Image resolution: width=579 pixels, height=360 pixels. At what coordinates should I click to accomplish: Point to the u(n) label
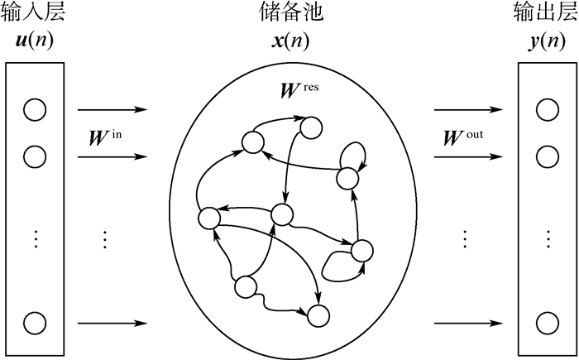click(33, 40)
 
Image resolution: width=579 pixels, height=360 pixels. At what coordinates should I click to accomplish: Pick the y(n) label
click(547, 40)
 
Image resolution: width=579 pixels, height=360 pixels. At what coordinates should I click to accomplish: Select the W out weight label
click(464, 133)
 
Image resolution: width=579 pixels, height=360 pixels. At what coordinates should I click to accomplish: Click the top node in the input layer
click(34, 109)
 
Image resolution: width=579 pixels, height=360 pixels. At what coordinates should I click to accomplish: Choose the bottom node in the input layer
click(34, 323)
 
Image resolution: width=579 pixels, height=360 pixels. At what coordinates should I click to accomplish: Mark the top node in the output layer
click(546, 109)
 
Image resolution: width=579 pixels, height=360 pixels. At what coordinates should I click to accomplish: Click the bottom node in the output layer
click(546, 323)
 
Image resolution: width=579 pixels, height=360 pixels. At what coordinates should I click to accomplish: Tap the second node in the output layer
click(546, 156)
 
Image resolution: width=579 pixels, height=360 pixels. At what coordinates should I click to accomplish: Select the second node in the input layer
click(34, 156)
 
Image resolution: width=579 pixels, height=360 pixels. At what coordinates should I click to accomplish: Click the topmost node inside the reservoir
click(311, 127)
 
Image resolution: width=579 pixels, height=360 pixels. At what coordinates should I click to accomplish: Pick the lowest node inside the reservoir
click(317, 314)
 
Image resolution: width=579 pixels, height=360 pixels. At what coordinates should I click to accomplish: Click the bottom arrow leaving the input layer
click(112, 323)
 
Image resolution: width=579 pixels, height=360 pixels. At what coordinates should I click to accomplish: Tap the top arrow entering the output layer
click(468, 109)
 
